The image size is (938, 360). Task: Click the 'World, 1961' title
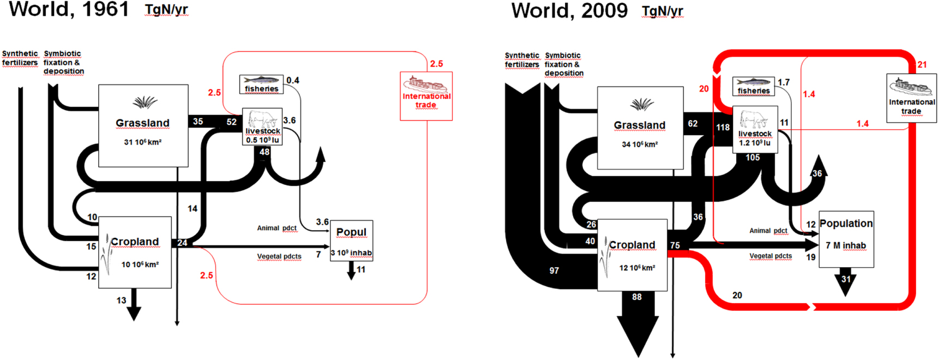click(x=69, y=9)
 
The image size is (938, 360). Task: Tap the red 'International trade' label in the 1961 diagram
click(x=426, y=100)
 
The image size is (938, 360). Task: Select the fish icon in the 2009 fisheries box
click(x=753, y=82)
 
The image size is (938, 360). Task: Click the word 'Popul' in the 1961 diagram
click(x=351, y=232)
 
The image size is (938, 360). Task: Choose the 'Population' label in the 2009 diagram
click(x=846, y=223)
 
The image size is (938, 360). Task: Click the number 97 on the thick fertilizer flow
click(x=554, y=271)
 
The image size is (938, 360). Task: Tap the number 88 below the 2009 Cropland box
click(x=637, y=297)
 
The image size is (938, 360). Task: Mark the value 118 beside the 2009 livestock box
click(x=723, y=127)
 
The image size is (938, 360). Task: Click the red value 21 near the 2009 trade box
click(x=922, y=64)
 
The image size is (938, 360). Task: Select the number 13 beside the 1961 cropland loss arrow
click(x=121, y=300)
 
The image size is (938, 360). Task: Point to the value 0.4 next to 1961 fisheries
click(x=293, y=80)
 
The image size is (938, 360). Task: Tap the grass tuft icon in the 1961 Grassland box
click(x=145, y=102)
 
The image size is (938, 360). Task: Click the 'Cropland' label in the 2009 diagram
click(x=632, y=245)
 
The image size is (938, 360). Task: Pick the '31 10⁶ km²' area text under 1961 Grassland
click(x=142, y=142)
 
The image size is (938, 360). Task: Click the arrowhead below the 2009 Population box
click(x=845, y=284)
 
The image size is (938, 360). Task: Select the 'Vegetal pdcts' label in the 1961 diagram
click(x=279, y=256)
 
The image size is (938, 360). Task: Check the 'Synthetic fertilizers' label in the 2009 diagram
click(x=522, y=60)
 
